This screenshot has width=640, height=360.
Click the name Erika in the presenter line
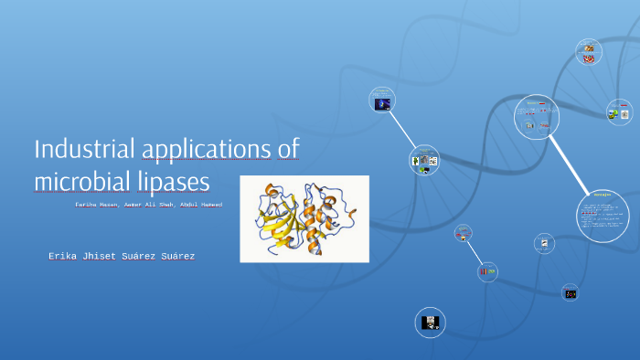click(68, 257)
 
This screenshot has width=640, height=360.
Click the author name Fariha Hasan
click(97, 205)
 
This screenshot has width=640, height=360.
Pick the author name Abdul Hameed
click(200, 205)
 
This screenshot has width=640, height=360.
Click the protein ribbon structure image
click(304, 218)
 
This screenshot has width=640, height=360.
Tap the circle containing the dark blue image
click(381, 101)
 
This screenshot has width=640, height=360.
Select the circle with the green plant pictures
click(424, 161)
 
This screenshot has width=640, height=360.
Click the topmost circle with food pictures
click(589, 53)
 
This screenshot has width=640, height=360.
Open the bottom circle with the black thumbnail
click(431, 322)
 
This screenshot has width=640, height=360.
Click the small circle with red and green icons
click(487, 270)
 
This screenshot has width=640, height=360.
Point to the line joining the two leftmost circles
click(402, 131)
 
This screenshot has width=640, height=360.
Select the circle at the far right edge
click(620, 113)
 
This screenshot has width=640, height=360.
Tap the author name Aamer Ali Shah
click(148, 205)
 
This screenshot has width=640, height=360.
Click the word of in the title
click(288, 149)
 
